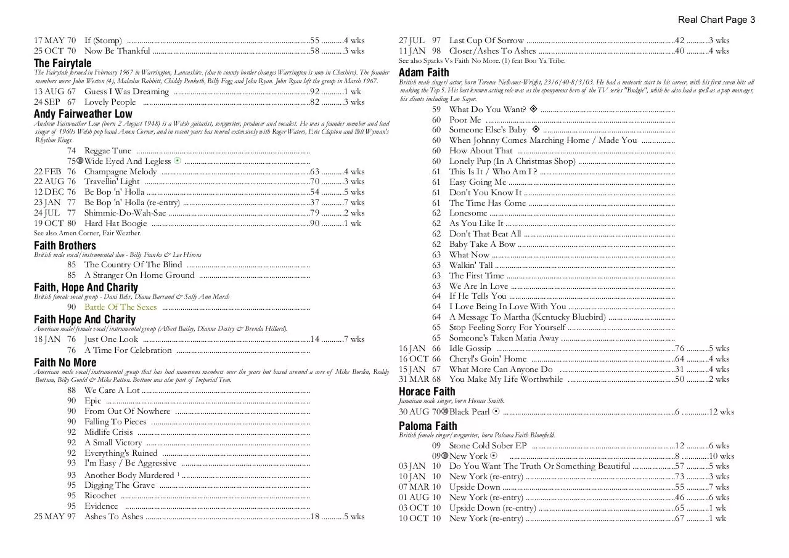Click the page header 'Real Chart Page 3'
coord(716,20)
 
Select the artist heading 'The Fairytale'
coord(62,63)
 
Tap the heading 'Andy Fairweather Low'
coord(83,114)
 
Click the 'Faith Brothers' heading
coord(65,246)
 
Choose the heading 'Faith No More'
coord(65,363)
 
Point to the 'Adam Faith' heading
coord(423,73)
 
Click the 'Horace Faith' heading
coord(427,392)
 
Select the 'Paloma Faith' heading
coord(428,426)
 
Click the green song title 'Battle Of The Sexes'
coord(120,307)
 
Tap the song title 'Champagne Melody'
coord(120,172)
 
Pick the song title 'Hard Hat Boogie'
coord(115,224)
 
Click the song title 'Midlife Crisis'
coord(108,432)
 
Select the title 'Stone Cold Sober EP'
coord(488,446)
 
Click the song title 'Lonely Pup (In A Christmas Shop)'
coord(512,161)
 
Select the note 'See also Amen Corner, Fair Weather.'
coord(88,233)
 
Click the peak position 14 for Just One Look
coord(314,339)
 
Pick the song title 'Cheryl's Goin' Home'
coord(488,359)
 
